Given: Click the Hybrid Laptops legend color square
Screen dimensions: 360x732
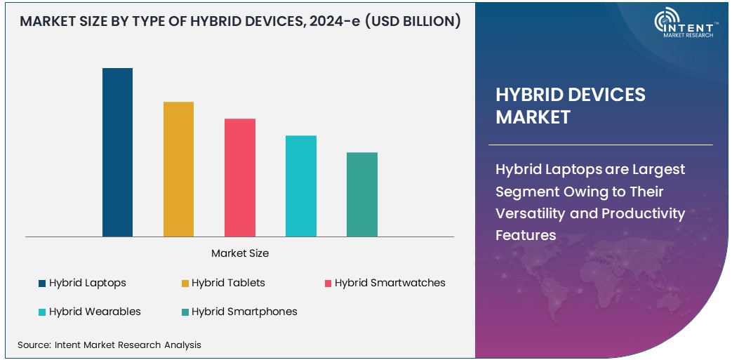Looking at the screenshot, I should click(x=42, y=284).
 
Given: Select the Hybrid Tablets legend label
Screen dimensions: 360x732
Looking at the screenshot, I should click(x=228, y=283).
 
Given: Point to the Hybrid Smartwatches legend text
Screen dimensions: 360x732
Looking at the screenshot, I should click(x=390, y=283).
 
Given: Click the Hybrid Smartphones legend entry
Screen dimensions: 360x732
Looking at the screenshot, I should click(x=244, y=312).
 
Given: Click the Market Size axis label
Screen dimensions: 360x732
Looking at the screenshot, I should click(x=240, y=253).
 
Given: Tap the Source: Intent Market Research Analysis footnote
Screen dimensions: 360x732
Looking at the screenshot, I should click(x=109, y=345).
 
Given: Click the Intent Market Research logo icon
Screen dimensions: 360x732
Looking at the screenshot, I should click(x=670, y=22).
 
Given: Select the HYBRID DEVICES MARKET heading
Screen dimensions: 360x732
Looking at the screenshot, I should click(x=570, y=106).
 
